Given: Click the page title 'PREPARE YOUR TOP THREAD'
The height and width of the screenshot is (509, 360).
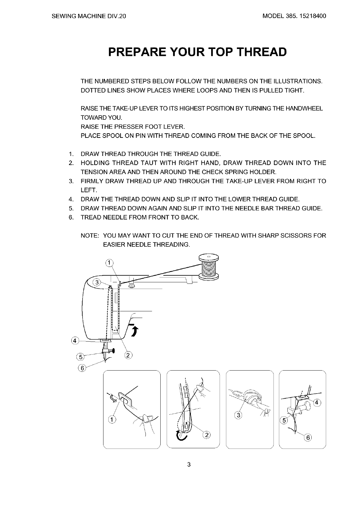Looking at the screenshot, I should pyautogui.click(x=197, y=52).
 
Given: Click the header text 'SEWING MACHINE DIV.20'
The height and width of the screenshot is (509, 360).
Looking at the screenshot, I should pyautogui.click(x=88, y=16).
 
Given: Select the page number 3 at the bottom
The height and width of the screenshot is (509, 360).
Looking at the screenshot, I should pyautogui.click(x=188, y=465).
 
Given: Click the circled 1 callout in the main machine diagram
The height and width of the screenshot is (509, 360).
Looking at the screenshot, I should pyautogui.click(x=109, y=263).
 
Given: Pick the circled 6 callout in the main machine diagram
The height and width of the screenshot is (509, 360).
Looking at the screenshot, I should pyautogui.click(x=82, y=368).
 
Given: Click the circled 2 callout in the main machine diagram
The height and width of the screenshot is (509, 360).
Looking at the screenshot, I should pyautogui.click(x=128, y=355).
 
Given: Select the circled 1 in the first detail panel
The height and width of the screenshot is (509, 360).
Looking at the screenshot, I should pyautogui.click(x=112, y=420).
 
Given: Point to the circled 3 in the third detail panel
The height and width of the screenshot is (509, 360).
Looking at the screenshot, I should pyautogui.click(x=238, y=415).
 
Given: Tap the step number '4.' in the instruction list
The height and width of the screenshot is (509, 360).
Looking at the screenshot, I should pyautogui.click(x=71, y=199).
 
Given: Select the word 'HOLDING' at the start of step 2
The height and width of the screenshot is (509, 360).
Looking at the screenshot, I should pyautogui.click(x=95, y=163).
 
